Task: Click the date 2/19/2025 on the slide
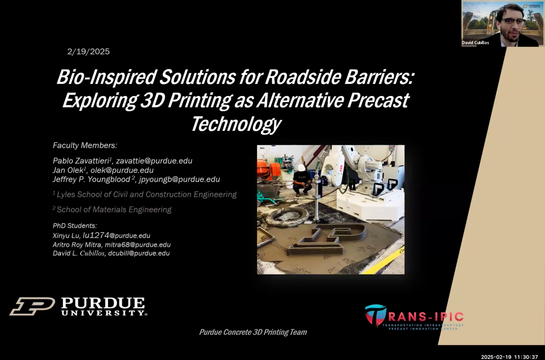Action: tap(88, 51)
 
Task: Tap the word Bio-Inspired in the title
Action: tap(106, 77)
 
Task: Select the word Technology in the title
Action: tap(236, 124)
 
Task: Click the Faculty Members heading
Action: tap(85, 145)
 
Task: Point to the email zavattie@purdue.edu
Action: tap(154, 161)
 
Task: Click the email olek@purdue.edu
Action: tap(122, 170)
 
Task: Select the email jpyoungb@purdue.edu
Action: tap(179, 179)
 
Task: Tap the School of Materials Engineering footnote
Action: tap(112, 210)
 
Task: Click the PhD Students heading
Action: tap(75, 226)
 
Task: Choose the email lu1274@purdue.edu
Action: tap(117, 236)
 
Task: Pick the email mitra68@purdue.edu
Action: tap(138, 245)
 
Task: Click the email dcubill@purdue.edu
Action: tap(139, 253)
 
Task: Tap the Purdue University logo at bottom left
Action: tap(78, 307)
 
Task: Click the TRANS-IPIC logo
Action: tap(414, 317)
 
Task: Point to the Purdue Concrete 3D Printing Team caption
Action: tap(253, 332)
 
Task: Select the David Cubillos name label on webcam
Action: tap(475, 43)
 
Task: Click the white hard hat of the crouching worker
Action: tap(302, 168)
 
